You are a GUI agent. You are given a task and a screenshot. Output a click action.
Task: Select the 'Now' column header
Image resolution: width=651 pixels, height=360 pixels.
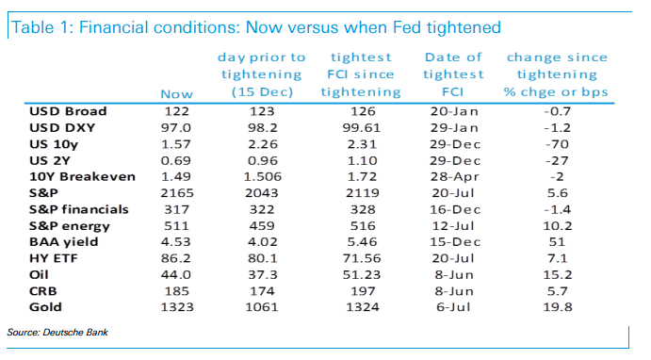177,93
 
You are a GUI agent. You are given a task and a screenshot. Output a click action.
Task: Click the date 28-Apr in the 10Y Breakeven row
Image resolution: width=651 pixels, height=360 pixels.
454,176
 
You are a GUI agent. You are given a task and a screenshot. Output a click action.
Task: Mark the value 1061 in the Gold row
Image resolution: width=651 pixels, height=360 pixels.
260,307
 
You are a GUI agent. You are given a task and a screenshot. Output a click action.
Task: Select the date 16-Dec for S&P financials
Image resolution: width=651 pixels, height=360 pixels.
454,209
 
